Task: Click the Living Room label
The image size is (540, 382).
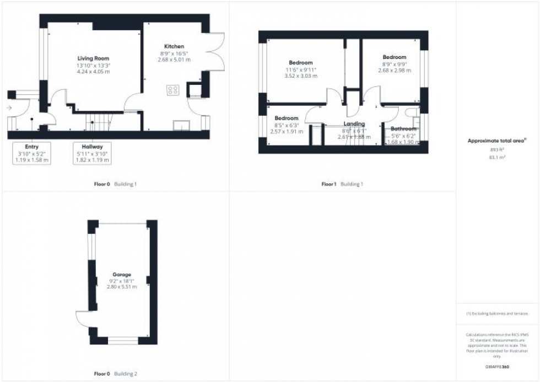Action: coord(93,58)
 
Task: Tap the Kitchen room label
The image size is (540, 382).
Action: coord(174,46)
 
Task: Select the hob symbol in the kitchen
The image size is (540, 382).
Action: coord(172,90)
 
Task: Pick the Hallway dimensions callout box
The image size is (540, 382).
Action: coord(92,153)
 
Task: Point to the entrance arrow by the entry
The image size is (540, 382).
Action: coord(9,108)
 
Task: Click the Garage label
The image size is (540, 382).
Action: coord(121,274)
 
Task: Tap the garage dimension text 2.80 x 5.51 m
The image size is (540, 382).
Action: coord(121,287)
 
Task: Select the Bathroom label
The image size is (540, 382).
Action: coord(403,129)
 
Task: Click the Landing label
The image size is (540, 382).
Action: coord(354,124)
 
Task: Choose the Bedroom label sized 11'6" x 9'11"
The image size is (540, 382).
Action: coord(301,63)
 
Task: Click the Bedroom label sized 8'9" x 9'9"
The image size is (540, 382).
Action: coord(394,57)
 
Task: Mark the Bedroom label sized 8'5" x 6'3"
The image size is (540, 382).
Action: coord(286,119)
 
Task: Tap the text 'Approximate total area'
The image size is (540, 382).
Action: coord(496,141)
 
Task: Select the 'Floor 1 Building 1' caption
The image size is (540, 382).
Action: coord(342,184)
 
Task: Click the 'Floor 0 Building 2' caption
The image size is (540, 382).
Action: coord(115,374)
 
